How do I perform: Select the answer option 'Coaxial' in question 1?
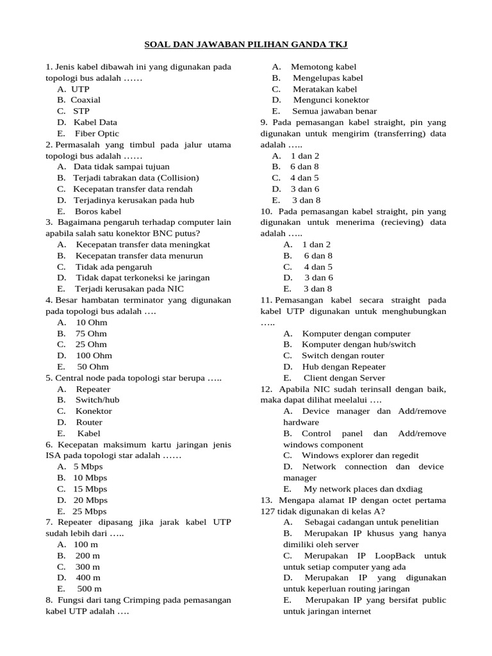pyautogui.click(x=85, y=100)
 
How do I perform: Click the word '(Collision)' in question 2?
pyautogui.click(x=177, y=177)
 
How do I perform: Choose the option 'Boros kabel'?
pyautogui.click(x=98, y=211)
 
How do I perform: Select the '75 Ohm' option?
pyautogui.click(x=91, y=333)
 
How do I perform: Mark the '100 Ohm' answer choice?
pyautogui.click(x=94, y=355)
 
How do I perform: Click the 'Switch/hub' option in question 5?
pyautogui.click(x=97, y=400)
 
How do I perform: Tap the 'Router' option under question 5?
pyautogui.click(x=89, y=422)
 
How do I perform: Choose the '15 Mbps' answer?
pyautogui.click(x=90, y=489)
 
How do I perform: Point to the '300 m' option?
pyautogui.click(x=88, y=566)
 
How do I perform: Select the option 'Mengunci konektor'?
pyautogui.click(x=331, y=100)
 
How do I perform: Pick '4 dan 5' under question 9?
pyautogui.click(x=304, y=177)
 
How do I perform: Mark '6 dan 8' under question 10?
pyautogui.click(x=318, y=256)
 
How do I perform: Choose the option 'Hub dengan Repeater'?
pyautogui.click(x=343, y=366)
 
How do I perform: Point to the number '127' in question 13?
pyautogui.click(x=268, y=511)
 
